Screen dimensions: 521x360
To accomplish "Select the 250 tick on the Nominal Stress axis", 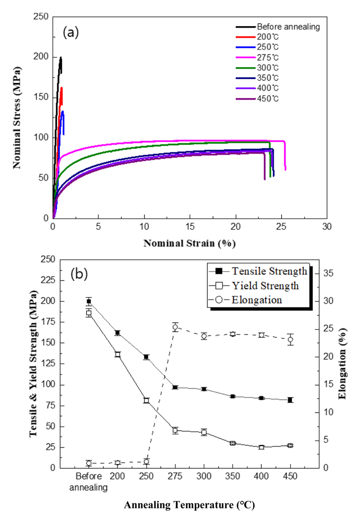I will pos(42,17).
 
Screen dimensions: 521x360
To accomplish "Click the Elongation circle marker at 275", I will pos(175,327).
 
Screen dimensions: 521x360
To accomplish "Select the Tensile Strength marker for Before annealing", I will pos(89,301).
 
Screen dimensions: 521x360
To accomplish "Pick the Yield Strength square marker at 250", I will pos(146,400).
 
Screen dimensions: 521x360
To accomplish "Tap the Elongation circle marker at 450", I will pos(290,339).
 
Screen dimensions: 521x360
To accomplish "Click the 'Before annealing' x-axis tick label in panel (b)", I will pos(89,482).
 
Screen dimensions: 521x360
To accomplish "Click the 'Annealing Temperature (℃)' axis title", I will pos(190,505).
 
